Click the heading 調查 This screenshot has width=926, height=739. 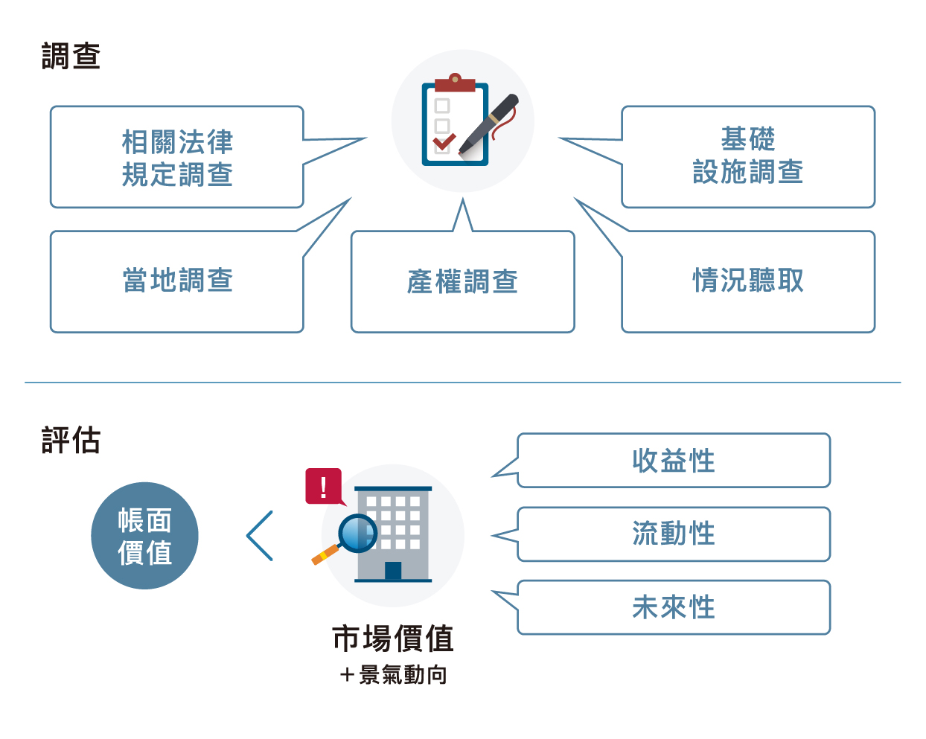[x=71, y=57]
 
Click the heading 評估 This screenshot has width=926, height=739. [x=71, y=440]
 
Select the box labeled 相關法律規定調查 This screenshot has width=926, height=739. [x=177, y=157]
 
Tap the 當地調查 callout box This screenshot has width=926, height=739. [x=177, y=281]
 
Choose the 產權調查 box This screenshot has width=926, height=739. [x=462, y=282]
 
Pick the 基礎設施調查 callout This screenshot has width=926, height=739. [x=748, y=157]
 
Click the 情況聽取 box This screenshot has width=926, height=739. [x=748, y=281]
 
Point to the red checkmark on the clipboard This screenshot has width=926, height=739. [x=444, y=141]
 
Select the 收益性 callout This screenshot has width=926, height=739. [x=674, y=461]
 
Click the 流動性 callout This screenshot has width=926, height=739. [x=674, y=534]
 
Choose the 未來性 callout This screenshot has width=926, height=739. [x=674, y=607]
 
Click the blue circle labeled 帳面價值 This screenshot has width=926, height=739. [x=144, y=536]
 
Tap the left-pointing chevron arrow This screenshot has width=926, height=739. [x=260, y=536]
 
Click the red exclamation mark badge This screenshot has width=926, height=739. [x=323, y=486]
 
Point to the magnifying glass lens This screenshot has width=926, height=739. [x=358, y=533]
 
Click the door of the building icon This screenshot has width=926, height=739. [x=393, y=571]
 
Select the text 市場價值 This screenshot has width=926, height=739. [x=393, y=639]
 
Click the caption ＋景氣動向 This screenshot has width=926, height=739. [x=393, y=675]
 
